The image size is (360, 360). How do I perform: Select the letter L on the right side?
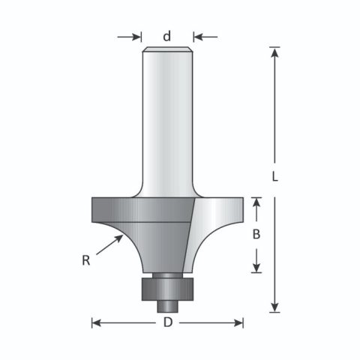click(x=275, y=178)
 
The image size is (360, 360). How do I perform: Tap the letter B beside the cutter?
click(x=256, y=234)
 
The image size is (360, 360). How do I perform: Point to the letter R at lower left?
click(x=88, y=260)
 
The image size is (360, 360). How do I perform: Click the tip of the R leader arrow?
click(x=123, y=235)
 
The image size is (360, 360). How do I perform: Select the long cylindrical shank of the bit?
click(x=167, y=120)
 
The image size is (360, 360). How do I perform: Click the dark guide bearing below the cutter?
click(x=167, y=287)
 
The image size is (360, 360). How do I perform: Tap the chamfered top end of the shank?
click(x=167, y=49)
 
